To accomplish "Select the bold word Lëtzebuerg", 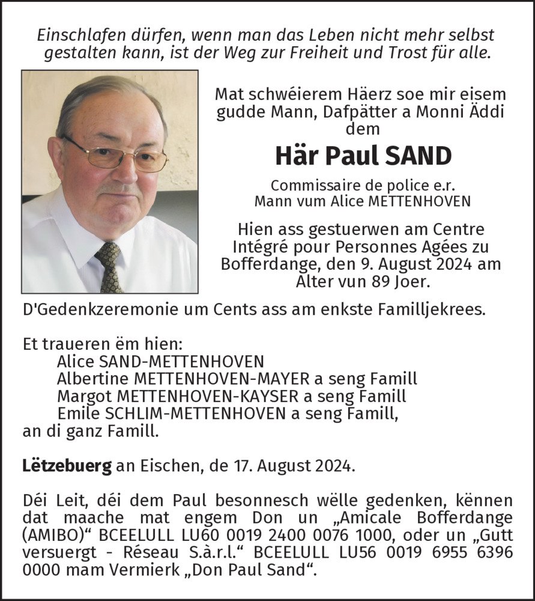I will [x=67, y=467].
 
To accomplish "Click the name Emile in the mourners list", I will [x=74, y=414].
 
